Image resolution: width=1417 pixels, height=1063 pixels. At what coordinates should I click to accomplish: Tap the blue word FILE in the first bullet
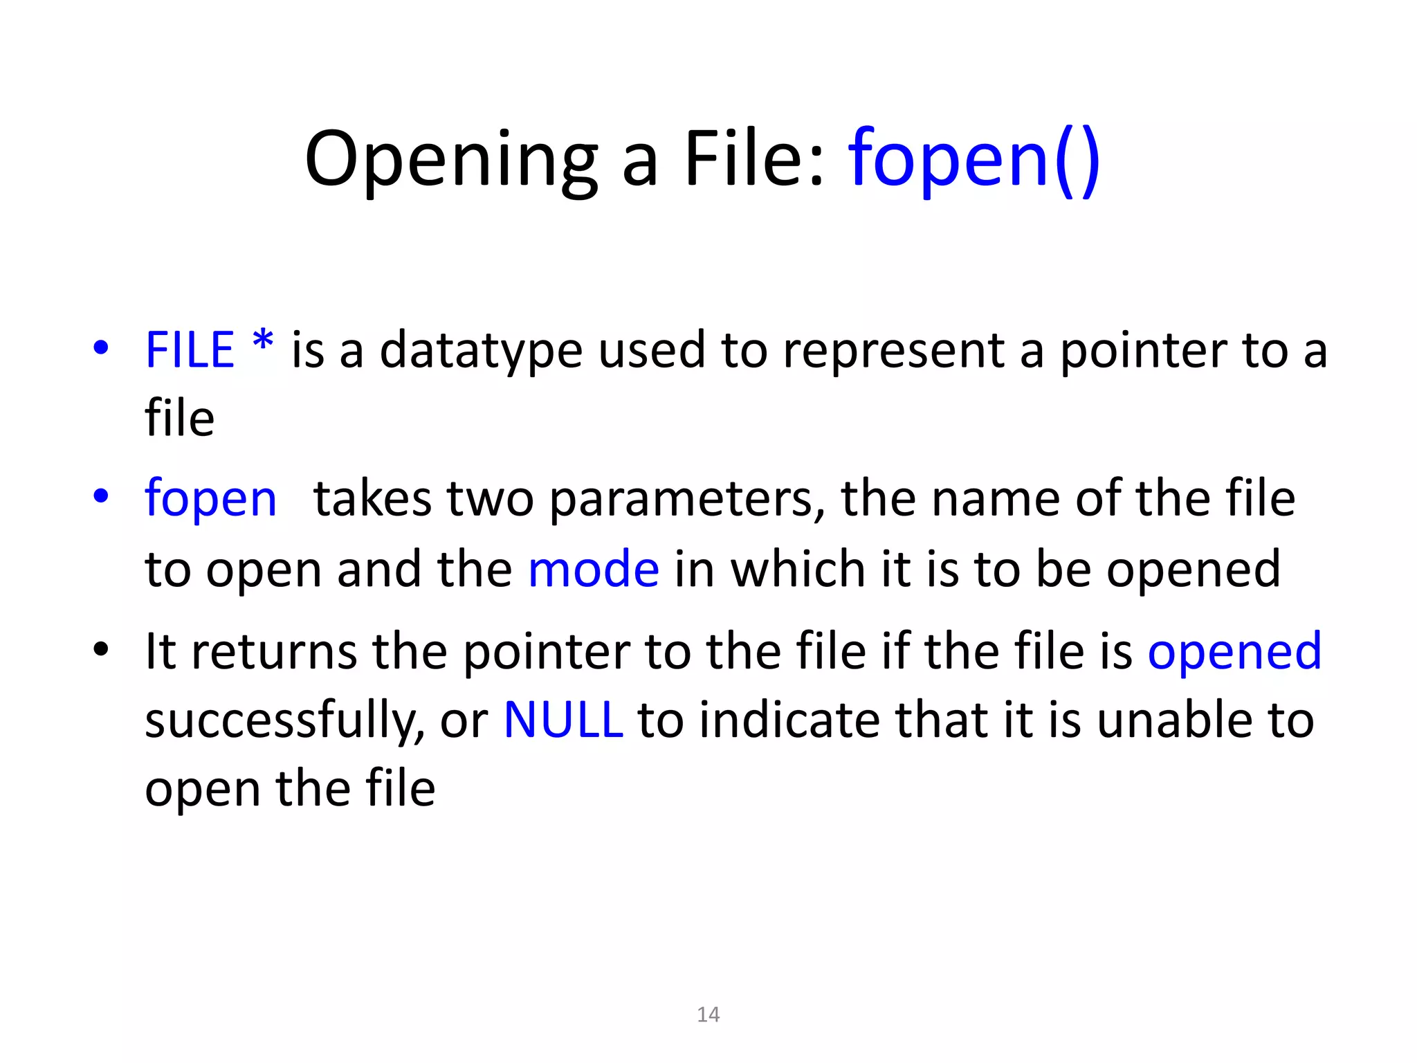point(190,350)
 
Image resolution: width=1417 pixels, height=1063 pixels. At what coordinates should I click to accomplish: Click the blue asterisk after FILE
point(263,342)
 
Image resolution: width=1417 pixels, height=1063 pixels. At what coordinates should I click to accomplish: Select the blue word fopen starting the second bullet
point(210,500)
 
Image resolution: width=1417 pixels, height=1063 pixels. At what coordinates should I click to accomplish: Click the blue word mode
point(594,570)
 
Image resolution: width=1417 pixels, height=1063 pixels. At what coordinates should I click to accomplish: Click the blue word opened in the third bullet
point(1234,652)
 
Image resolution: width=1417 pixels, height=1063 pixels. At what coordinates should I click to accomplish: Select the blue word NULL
point(563,720)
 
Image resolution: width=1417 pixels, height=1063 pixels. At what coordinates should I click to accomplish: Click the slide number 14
point(708,1015)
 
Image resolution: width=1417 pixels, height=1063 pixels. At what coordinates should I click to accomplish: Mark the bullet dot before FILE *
point(101,348)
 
